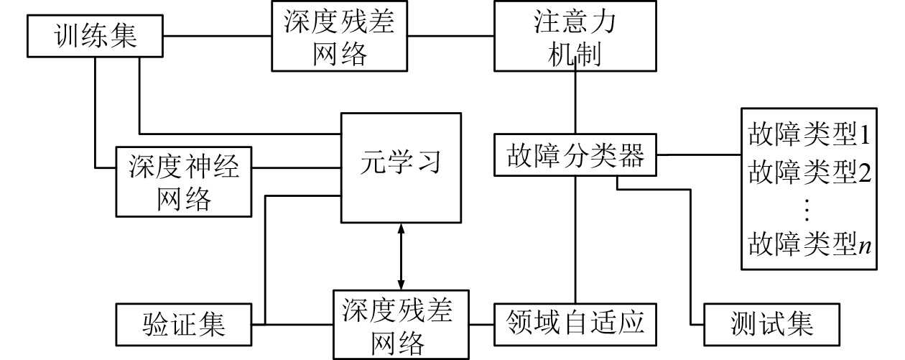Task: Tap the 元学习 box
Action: coord(400,167)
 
